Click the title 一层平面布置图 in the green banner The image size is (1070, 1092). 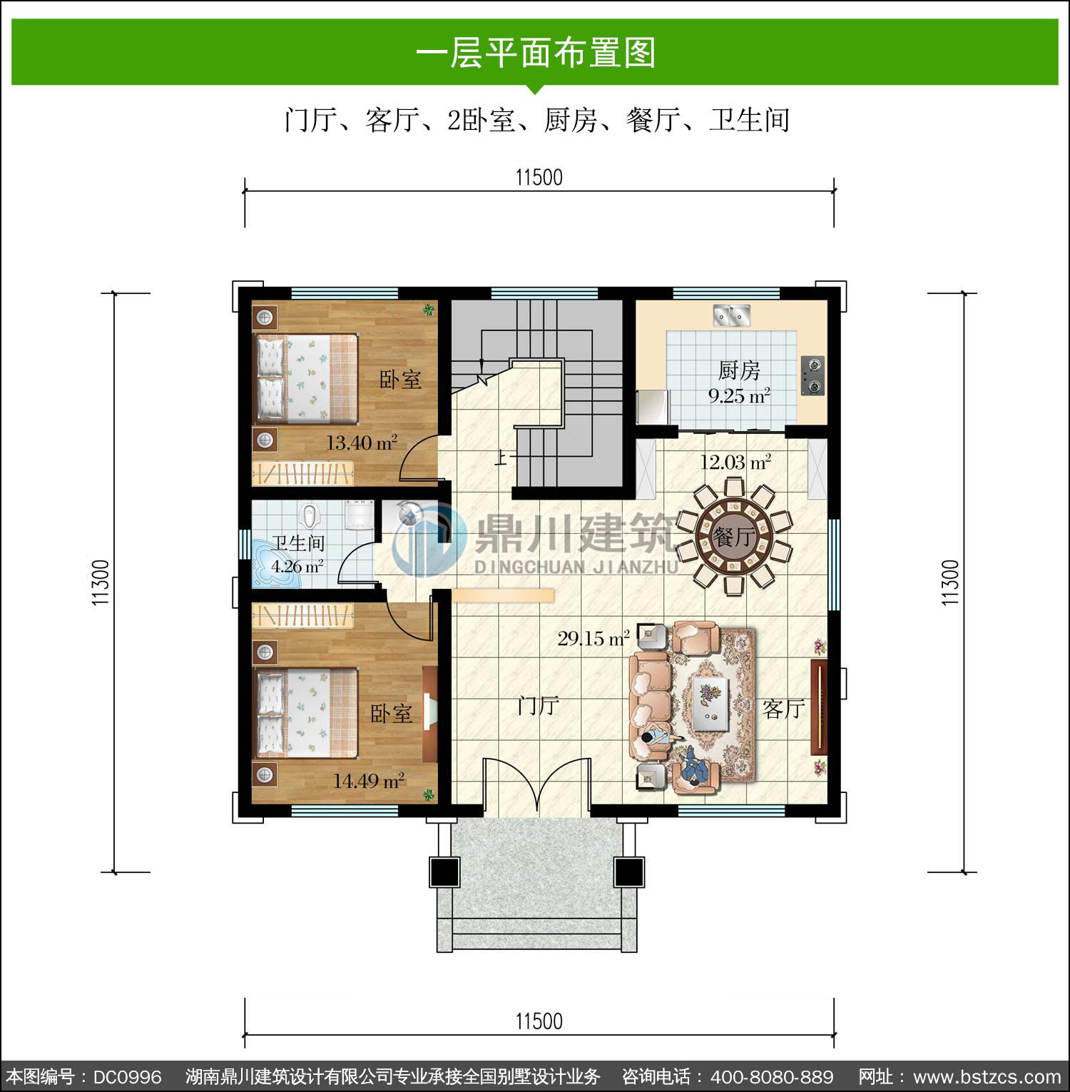[536, 53]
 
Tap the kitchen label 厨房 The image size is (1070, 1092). [739, 370]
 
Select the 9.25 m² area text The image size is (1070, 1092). [739, 395]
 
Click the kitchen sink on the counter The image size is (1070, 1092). [732, 315]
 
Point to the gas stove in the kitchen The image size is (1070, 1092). [813, 376]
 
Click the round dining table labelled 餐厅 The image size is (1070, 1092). [734, 536]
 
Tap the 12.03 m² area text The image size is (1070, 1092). [735, 462]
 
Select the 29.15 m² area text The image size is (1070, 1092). [593, 638]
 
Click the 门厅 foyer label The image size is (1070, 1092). [538, 706]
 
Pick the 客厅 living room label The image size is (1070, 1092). [783, 709]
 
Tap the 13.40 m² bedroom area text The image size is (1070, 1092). [362, 443]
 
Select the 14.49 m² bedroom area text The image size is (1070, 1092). [369, 781]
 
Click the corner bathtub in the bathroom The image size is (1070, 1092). [276, 563]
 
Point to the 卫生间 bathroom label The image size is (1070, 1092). [298, 544]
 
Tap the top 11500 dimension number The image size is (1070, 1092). [539, 177]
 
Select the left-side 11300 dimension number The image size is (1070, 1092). [101, 583]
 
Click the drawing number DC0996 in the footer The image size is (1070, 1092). [128, 1076]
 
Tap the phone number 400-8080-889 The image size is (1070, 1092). [772, 1076]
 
